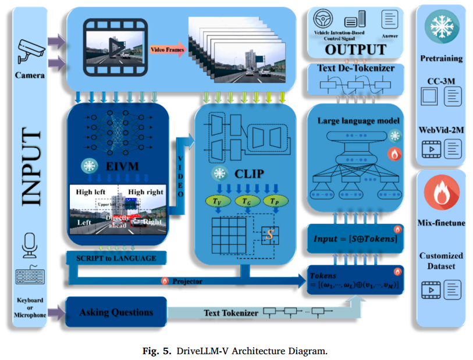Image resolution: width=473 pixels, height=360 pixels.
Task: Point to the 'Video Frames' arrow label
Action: click(x=168, y=50)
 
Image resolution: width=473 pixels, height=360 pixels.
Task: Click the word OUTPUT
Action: click(x=355, y=49)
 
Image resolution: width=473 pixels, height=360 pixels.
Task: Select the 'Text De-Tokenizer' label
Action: click(x=355, y=68)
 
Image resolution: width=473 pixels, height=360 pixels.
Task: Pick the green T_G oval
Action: click(x=246, y=201)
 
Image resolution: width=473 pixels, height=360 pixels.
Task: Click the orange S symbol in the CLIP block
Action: click(x=269, y=236)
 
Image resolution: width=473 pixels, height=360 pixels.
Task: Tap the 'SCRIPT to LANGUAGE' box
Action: click(x=116, y=258)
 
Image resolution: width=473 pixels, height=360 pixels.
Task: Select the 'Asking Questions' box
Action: click(x=117, y=312)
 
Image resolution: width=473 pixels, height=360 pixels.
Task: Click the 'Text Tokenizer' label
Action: click(x=231, y=313)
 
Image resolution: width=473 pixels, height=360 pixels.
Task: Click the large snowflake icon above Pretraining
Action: click(x=440, y=27)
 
